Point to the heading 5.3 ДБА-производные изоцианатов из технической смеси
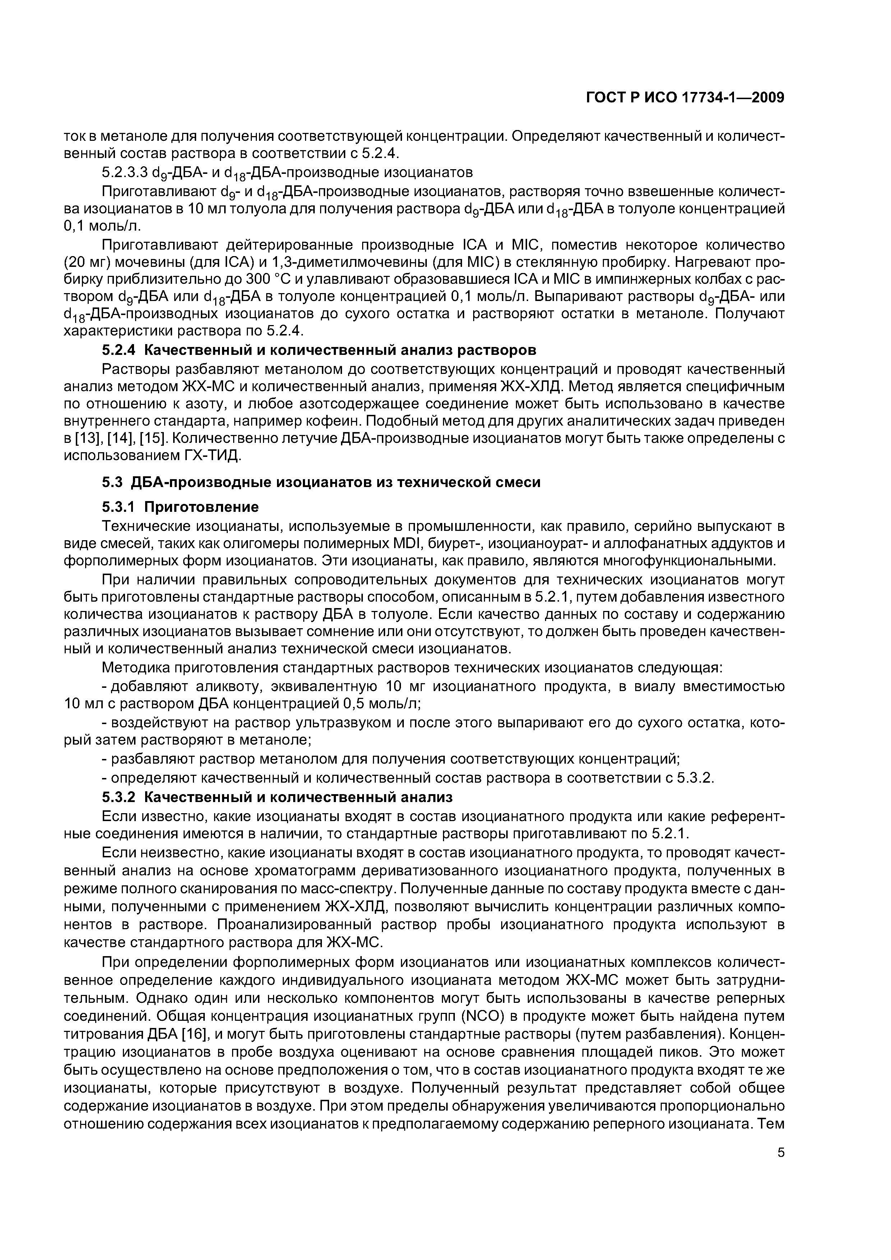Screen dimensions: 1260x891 coord(321,482)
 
